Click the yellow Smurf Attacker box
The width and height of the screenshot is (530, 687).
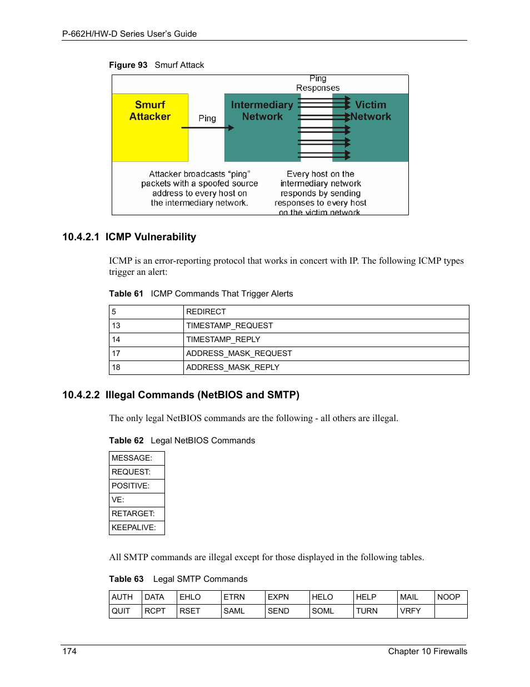coord(150,127)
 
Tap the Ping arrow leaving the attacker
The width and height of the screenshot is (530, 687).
coord(207,128)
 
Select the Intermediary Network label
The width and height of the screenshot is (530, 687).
coord(262,111)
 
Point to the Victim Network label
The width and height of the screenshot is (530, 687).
coord(371,111)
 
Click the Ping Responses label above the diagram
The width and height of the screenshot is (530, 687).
coord(318,83)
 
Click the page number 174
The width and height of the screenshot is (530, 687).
coord(69,651)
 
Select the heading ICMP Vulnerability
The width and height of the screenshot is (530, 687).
coord(151,237)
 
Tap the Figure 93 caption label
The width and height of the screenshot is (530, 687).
coord(128,65)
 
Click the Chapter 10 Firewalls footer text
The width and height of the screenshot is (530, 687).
coord(427,651)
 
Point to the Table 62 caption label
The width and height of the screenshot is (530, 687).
coord(126,441)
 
